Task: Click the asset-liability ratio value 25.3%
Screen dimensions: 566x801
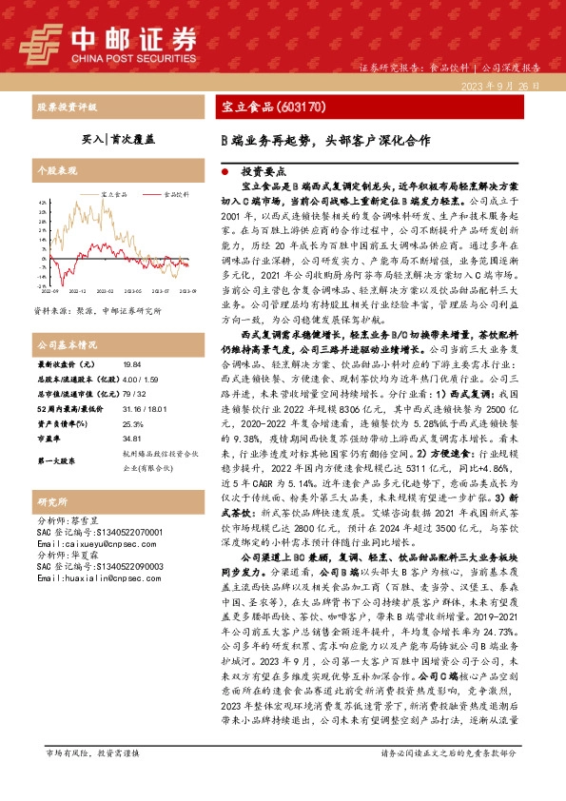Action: click(x=132, y=449)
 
